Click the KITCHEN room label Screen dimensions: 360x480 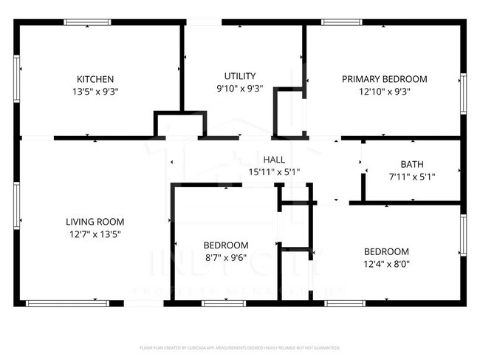pos(95,79)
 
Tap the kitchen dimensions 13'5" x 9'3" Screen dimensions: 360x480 pos(95,92)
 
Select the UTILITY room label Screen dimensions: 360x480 pos(240,76)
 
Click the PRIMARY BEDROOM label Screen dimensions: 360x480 pos(384,79)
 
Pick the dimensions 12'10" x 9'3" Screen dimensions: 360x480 pos(384,92)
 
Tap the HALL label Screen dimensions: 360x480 pos(274,159)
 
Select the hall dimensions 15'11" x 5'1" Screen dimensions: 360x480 pos(274,171)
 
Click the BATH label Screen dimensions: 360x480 pos(412,164)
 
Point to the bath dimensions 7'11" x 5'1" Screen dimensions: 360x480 pos(412,177)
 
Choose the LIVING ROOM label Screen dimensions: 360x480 pos(95,221)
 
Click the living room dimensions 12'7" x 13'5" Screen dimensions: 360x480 pos(95,234)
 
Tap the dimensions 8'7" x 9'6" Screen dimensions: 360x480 pos(226,258)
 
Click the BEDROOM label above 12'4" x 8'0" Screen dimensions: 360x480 pos(385,251)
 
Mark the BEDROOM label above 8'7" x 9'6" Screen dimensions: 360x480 pos(226,245)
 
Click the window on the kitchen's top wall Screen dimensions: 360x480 pos(87,23)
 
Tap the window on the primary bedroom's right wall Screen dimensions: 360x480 pos(464,92)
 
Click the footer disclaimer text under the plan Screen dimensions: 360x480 pos(240,347)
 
